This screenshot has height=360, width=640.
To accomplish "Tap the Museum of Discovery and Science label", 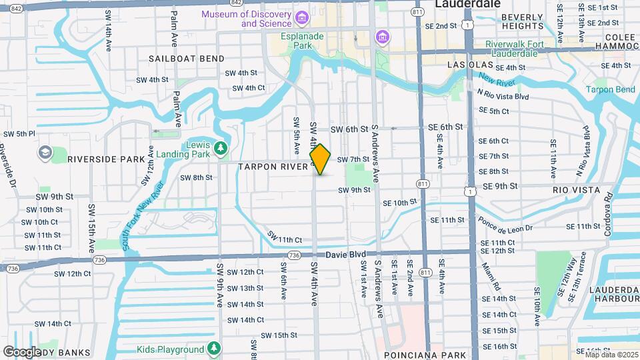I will pos(247,19).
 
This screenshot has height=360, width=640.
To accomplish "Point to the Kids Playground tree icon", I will pos(213,349).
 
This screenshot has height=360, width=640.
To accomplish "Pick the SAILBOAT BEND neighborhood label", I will pos(187,59).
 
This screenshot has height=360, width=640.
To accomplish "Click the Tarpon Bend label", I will pos(610,90).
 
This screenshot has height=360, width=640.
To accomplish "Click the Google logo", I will pos(22,351).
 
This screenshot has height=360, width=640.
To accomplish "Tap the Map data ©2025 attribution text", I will pos(611,355).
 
